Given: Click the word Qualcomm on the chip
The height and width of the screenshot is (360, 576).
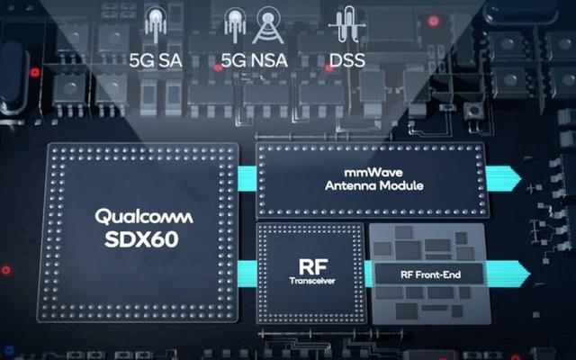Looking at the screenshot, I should point(137,217).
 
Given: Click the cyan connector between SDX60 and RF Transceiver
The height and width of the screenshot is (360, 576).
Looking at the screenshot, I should point(248,266).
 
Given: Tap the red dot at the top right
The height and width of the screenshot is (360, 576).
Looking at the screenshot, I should point(433,20).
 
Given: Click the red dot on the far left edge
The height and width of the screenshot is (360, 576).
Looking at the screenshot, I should point(5,269).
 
